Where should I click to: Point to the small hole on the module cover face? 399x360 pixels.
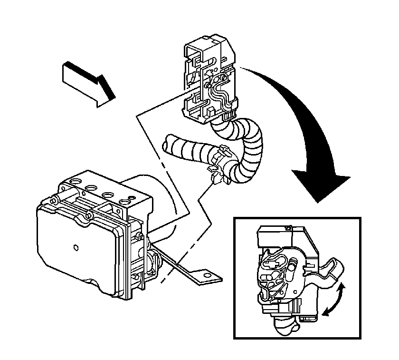click(x=76, y=247)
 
